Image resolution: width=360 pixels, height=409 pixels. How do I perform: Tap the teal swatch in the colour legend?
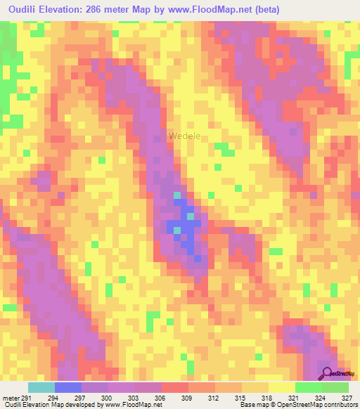coord(41,387)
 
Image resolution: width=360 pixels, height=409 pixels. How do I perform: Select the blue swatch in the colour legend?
coord(68,387)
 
